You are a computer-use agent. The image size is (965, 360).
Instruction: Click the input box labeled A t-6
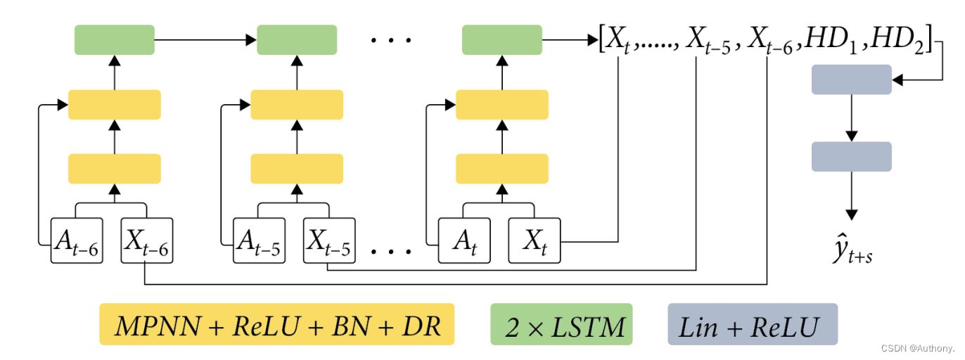click(76, 240)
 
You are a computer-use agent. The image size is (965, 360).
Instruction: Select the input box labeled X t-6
click(146, 240)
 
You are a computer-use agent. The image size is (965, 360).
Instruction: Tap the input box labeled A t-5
click(259, 240)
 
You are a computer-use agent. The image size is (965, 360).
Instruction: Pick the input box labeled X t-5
click(329, 240)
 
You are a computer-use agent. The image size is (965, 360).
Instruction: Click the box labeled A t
click(464, 240)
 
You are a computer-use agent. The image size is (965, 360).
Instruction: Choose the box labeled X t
click(535, 240)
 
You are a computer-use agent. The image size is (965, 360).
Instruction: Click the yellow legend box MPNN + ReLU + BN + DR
click(276, 324)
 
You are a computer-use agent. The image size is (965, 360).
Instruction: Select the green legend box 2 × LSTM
click(561, 324)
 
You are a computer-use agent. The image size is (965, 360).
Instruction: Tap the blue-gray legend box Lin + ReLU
click(752, 324)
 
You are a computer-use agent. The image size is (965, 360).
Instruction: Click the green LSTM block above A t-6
click(114, 39)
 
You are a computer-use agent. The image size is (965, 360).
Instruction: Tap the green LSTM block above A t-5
click(297, 39)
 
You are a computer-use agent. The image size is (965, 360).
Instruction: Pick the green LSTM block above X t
click(501, 39)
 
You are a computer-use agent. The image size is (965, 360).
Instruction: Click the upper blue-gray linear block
click(851, 79)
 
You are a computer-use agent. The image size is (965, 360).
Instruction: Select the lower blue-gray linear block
click(851, 156)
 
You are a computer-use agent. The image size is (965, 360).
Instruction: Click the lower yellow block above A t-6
click(114, 168)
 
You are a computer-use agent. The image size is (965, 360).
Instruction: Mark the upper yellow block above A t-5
click(297, 104)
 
